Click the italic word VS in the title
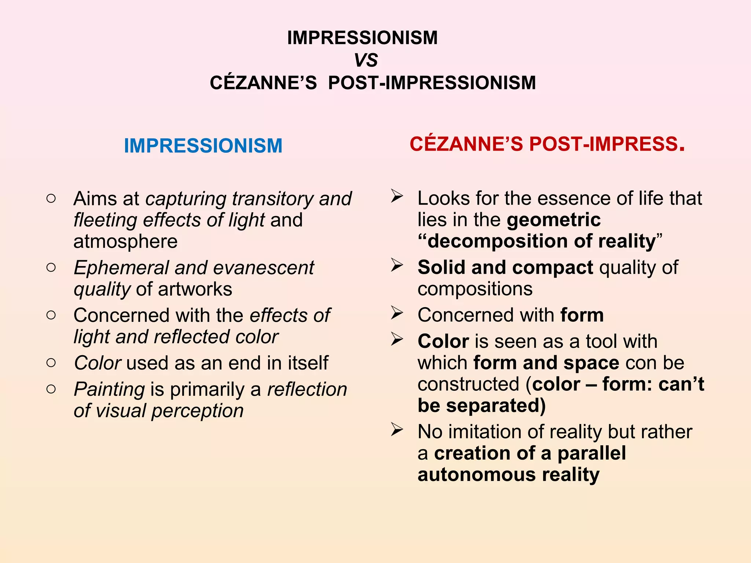366,60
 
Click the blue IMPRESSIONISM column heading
203,146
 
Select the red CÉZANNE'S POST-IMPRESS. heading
547,144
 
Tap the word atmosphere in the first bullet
125,242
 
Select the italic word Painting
109,389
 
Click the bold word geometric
554,220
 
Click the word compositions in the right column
475,289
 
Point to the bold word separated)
496,406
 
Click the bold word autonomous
476,475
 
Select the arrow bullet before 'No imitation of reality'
397,429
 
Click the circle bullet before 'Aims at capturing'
51,199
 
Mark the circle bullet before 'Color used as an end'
51,363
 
